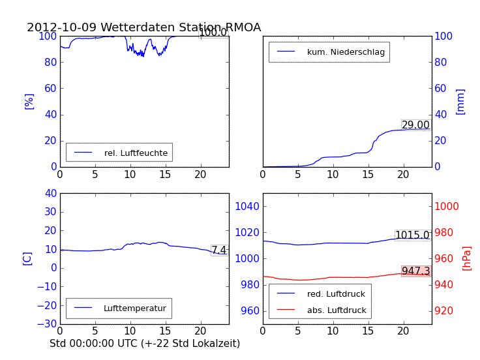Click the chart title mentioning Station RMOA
143,27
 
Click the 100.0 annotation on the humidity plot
213,33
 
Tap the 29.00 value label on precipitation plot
415,125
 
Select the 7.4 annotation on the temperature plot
219,250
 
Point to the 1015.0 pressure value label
412,235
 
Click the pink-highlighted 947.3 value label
415,271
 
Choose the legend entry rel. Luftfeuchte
136,153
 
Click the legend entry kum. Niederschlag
346,52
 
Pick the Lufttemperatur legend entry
134,308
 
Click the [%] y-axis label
29,101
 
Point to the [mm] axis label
460,101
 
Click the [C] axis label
27,258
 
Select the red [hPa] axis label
467,258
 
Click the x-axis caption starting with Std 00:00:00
145,343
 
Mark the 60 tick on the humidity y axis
48,88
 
